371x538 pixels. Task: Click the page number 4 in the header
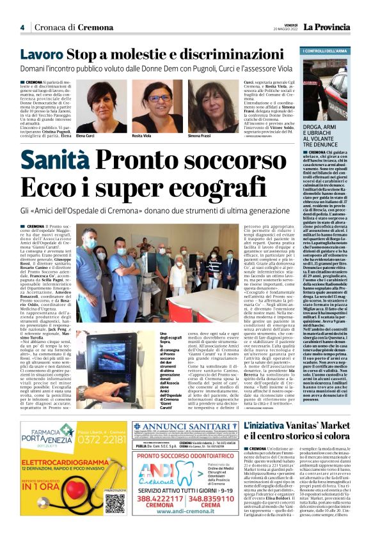pyautogui.click(x=22, y=27)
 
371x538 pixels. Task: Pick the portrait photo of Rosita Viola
pyautogui.click(x=157, y=106)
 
